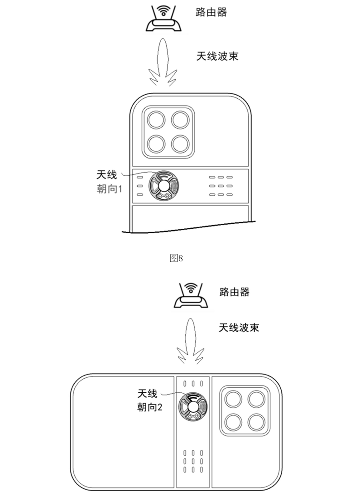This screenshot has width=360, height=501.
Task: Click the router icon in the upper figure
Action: [x=164, y=20]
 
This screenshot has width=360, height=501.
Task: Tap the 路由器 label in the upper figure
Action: [x=211, y=12]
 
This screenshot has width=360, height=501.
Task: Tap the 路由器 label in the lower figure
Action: [x=234, y=292]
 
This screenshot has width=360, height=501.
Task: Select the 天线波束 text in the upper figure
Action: [x=217, y=56]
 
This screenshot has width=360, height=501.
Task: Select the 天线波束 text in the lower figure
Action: [x=239, y=328]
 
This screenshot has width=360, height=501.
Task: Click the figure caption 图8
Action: [x=176, y=259]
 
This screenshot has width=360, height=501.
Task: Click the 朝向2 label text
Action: [x=149, y=407]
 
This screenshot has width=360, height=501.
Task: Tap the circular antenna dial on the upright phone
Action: [x=164, y=186]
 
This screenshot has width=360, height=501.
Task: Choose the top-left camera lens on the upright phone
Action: [x=155, y=121]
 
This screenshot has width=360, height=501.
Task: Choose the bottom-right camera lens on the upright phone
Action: [x=180, y=144]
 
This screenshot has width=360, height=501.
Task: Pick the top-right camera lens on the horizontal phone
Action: [x=256, y=399]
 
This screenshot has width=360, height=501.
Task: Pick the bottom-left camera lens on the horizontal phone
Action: [x=234, y=421]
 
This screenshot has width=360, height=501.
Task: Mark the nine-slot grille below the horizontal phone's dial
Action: [x=192, y=461]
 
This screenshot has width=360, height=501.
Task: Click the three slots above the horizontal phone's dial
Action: [x=192, y=384]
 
